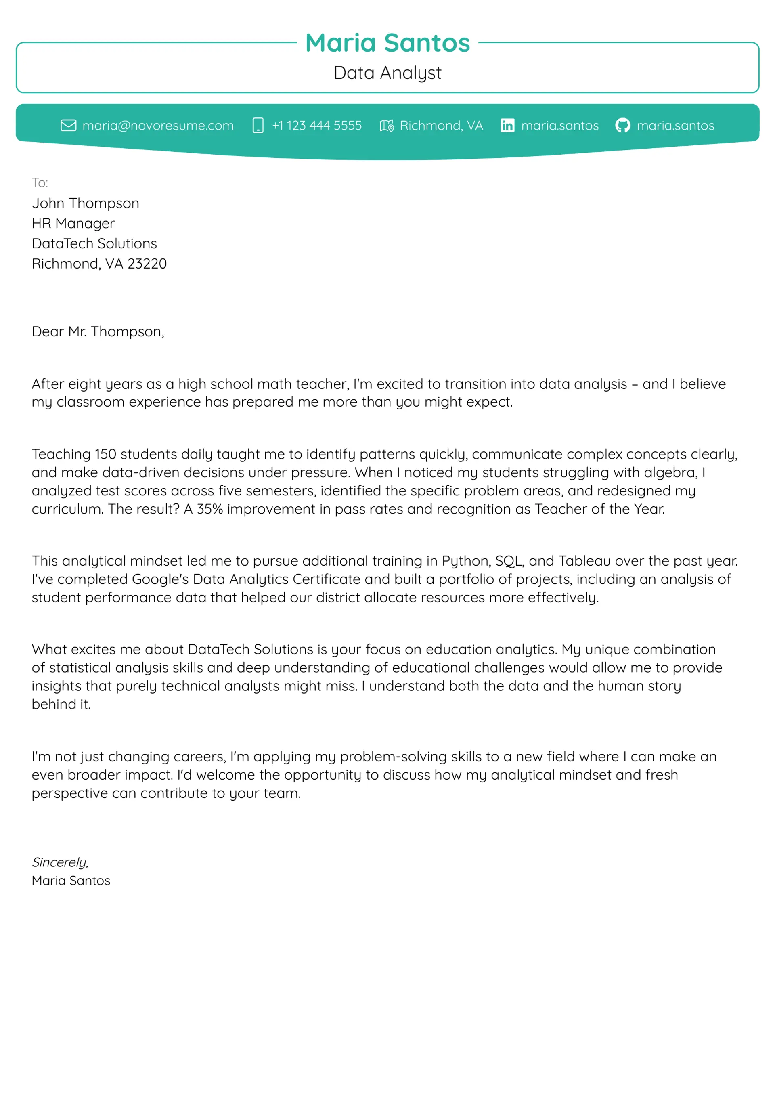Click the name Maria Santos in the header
387,43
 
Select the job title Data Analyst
387,73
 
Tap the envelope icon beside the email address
68,126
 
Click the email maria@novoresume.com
158,126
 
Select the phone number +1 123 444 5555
317,126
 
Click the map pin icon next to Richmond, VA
387,126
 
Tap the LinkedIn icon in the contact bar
507,126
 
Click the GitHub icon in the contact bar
623,126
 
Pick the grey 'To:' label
40,183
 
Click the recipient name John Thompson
86,203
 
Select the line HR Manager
73,223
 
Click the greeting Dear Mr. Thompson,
98,331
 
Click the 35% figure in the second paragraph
209,509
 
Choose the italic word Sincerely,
60,862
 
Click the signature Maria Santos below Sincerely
71,881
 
